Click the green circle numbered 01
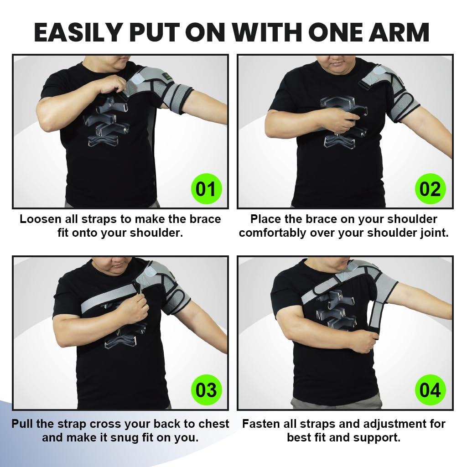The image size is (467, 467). [x=205, y=188]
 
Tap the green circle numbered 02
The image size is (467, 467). [x=430, y=188]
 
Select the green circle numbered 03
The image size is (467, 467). [x=205, y=390]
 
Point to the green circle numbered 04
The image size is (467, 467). [x=430, y=390]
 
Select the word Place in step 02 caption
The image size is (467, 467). [x=267, y=219]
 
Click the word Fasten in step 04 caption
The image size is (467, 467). [x=263, y=424]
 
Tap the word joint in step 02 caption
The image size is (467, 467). [x=433, y=233]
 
